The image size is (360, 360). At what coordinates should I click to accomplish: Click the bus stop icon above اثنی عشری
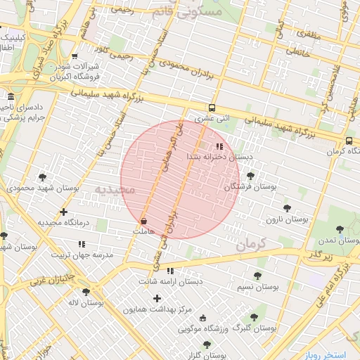pos(212,108)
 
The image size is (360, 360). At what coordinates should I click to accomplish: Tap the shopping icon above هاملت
pos(143,221)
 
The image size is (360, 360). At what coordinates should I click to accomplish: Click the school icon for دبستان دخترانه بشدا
pos(220,147)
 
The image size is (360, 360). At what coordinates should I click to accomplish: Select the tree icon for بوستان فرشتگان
pos(250,176)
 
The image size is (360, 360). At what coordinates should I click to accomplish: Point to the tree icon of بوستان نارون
pos(286,208)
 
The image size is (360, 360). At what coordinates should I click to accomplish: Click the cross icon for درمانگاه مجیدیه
pos(64,212)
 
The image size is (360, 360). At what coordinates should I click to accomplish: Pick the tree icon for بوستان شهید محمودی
pos(44,177)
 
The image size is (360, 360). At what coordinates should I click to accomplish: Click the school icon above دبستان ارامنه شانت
pos(170,271)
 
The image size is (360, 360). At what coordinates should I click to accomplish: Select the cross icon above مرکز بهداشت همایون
pos(157,298)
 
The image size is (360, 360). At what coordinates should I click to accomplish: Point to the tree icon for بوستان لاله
pos(86,292)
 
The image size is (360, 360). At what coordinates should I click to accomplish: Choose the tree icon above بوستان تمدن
pos(340,229)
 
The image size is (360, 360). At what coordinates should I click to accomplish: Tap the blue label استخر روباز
pos(331,355)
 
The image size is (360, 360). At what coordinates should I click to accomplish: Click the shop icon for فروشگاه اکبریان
pos(75,57)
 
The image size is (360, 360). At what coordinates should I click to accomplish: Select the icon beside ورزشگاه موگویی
pos(204,317)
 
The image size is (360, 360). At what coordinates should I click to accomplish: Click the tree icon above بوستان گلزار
pos(207,345)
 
